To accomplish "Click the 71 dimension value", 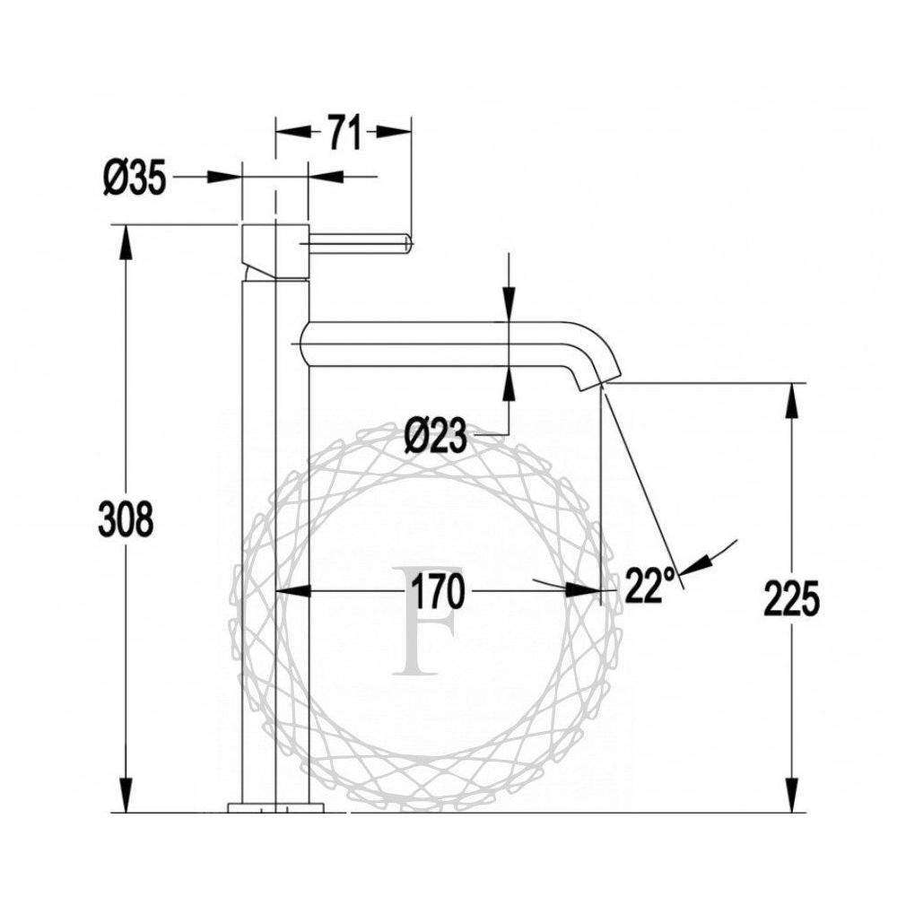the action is [x=345, y=133].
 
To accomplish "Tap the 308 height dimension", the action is [x=126, y=518].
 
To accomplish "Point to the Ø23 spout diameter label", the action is [x=435, y=437].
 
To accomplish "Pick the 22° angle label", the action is [x=646, y=585].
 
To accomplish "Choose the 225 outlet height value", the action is [x=792, y=598].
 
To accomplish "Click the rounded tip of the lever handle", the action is [x=406, y=243].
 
